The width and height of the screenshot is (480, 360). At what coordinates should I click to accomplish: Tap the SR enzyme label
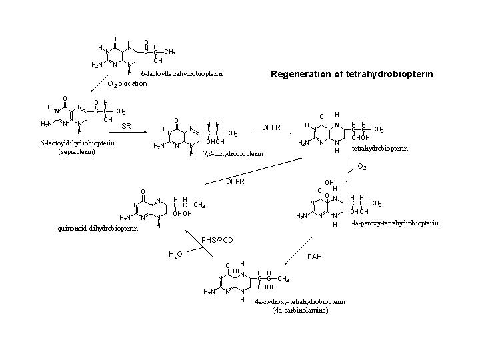click(126, 126)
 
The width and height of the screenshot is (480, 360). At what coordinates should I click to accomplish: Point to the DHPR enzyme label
click(235, 181)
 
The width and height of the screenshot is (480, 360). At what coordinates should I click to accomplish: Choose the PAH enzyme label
click(315, 257)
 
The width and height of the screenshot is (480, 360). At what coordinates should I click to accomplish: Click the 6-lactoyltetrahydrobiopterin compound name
click(181, 73)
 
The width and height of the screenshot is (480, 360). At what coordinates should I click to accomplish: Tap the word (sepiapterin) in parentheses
click(77, 151)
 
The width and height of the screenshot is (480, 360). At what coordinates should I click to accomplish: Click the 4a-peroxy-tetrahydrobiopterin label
click(395, 223)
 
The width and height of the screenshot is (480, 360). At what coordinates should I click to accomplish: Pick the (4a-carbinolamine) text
click(300, 310)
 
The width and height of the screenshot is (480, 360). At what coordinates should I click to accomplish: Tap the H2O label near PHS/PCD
click(175, 254)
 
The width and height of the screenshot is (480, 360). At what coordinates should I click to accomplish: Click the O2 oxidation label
click(127, 84)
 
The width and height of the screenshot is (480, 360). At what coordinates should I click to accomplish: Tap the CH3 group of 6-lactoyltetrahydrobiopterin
click(170, 52)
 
